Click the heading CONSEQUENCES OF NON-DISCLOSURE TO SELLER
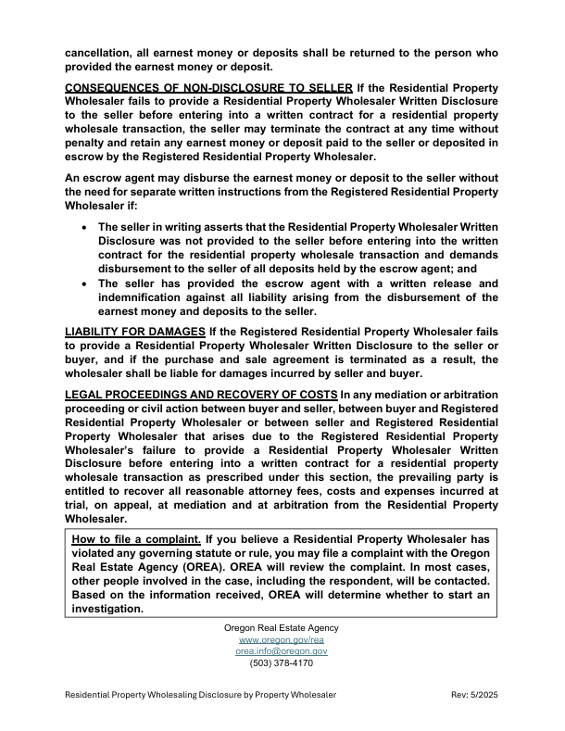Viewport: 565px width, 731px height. click(x=208, y=86)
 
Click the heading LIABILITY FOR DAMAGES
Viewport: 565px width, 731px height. click(x=135, y=331)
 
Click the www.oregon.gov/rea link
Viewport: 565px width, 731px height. click(x=282, y=639)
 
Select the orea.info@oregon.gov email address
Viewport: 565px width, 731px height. click(x=282, y=651)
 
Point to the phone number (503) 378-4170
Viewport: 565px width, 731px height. click(x=282, y=663)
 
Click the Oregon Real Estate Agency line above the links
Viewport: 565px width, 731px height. click(x=282, y=628)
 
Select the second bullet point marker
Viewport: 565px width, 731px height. click(x=85, y=284)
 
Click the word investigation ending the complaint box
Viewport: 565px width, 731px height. click(x=107, y=610)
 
